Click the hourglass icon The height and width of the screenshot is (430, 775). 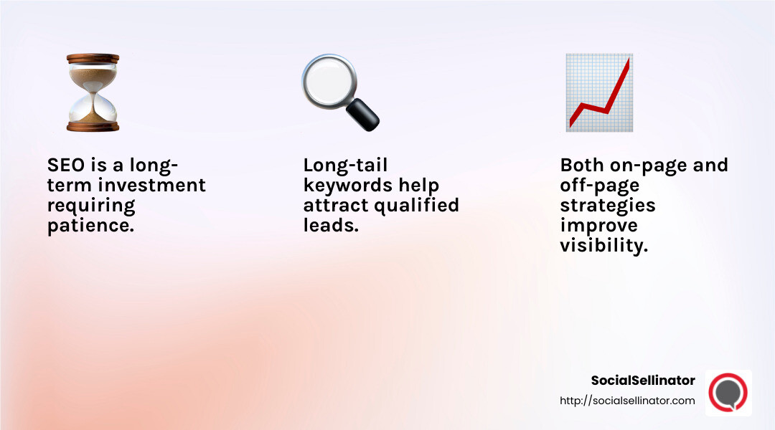[x=93, y=92]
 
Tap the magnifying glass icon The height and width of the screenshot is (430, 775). [x=339, y=92]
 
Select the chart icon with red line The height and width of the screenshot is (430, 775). [x=598, y=92]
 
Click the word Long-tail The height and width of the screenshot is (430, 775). [x=345, y=165]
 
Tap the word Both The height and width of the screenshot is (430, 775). [x=582, y=165]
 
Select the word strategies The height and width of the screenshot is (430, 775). [x=607, y=206]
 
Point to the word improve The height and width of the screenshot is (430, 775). [x=598, y=226]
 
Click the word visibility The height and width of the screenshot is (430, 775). [x=603, y=246]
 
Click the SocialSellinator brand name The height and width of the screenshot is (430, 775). [x=643, y=381]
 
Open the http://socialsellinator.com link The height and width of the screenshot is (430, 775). [x=627, y=401]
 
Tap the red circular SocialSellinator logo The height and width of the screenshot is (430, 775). [x=728, y=392]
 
